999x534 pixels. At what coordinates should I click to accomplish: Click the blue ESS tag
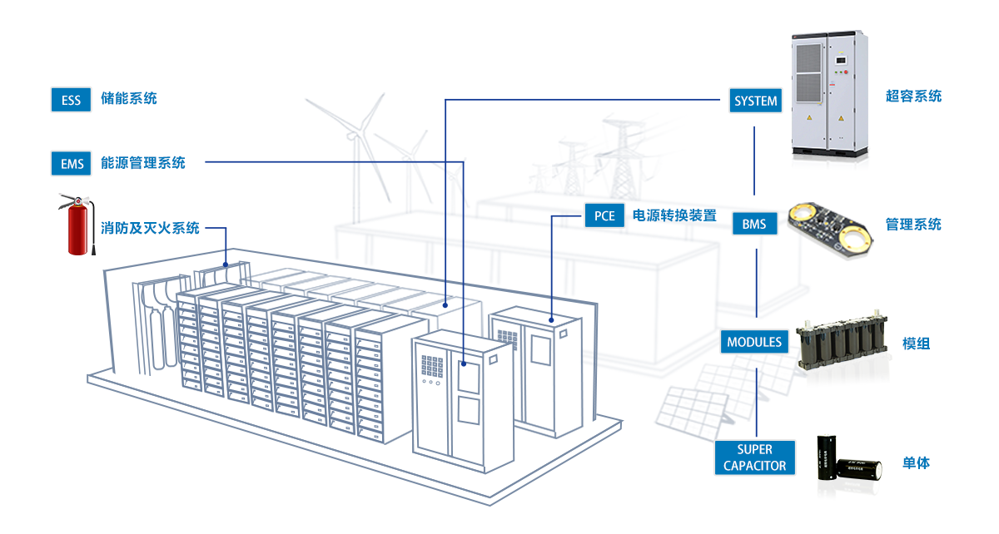[71, 100]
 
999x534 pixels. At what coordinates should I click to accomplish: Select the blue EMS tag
[72, 164]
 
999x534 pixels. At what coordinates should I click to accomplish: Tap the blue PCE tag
[604, 216]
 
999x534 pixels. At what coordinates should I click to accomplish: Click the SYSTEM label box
[755, 101]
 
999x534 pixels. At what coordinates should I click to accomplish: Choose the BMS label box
[754, 225]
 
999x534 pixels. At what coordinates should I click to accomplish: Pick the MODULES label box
[754, 342]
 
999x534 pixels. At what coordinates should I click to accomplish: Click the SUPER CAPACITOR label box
[754, 458]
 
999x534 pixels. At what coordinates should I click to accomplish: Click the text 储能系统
[128, 99]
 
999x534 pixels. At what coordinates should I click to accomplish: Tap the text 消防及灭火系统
[150, 228]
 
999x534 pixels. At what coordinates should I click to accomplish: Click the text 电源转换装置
[674, 216]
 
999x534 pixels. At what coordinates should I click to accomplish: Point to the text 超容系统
[913, 96]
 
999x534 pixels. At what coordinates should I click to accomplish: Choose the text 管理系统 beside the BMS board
[913, 225]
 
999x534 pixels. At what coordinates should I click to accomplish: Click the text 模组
[917, 343]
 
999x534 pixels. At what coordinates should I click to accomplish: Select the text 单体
[917, 463]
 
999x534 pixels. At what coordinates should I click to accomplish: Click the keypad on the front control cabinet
[433, 367]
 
